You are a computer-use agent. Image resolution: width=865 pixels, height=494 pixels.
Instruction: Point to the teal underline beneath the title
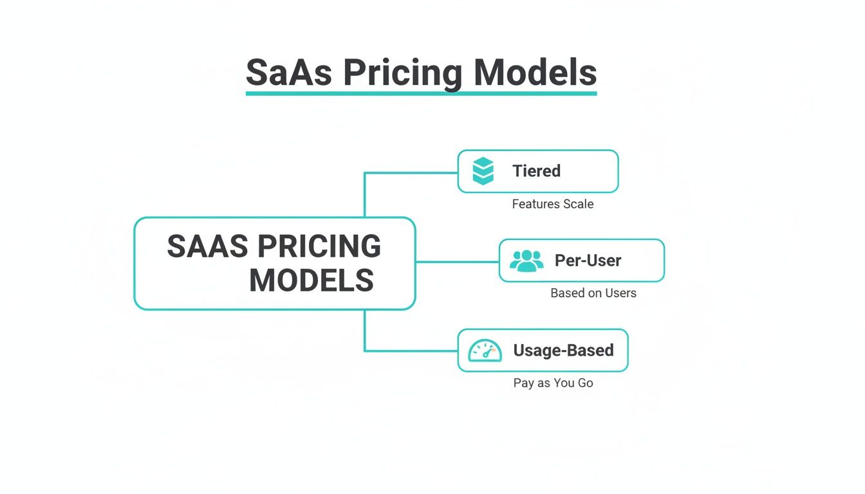421,94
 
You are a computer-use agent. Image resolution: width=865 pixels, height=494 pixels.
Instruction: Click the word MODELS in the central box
312,281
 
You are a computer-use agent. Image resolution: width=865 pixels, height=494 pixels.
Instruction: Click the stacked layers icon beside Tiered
483,171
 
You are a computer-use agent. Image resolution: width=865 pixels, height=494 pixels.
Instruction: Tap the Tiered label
536,171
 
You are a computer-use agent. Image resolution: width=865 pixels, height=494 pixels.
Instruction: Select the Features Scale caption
552,204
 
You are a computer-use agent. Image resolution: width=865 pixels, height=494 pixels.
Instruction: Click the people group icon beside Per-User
526,261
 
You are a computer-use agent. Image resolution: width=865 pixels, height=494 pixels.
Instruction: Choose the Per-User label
588,261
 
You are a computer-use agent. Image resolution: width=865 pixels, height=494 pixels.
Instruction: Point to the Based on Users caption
593,293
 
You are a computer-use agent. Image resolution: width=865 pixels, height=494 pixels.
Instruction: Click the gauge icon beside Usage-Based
484,351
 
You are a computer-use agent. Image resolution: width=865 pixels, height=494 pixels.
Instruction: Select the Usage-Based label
563,351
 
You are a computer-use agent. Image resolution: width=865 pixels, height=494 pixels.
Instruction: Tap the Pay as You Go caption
553,383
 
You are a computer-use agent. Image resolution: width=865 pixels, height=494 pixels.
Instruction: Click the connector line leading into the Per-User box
457,262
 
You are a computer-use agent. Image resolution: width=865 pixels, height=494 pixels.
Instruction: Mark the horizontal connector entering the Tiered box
412,172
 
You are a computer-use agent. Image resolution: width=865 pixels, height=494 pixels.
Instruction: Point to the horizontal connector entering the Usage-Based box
412,351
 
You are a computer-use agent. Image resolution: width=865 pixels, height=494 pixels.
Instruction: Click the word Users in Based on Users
620,293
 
